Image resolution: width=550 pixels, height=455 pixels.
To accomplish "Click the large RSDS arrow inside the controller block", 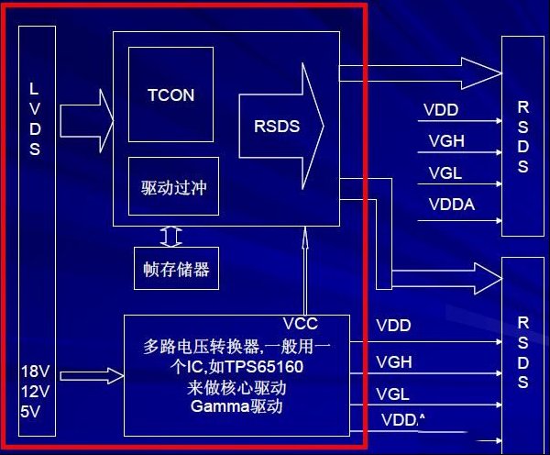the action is coord(281,127).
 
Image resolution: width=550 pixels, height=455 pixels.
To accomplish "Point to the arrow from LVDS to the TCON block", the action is coord(87,121).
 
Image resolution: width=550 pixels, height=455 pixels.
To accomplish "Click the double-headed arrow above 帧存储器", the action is coord(170,237).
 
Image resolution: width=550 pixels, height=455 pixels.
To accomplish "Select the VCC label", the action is coord(301,324).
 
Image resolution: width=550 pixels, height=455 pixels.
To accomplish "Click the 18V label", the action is coord(35,372).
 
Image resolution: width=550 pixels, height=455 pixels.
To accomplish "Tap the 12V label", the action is coord(35,392).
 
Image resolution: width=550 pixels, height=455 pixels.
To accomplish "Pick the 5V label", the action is coord(30,412).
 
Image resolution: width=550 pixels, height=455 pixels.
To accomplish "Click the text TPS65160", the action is coord(263,367).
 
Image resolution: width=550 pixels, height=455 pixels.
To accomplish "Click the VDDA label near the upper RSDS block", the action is coord(452,205).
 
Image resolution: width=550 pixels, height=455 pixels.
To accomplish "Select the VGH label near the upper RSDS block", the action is coord(446,141).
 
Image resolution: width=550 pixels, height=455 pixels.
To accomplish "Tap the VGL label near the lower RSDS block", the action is coord(393,394).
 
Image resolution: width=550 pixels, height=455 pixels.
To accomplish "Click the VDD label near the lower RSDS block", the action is coord(393,326).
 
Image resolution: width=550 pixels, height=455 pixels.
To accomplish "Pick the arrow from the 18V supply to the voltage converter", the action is coord(92,376).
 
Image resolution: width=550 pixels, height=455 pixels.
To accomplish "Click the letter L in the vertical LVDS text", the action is coord(34,89).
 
